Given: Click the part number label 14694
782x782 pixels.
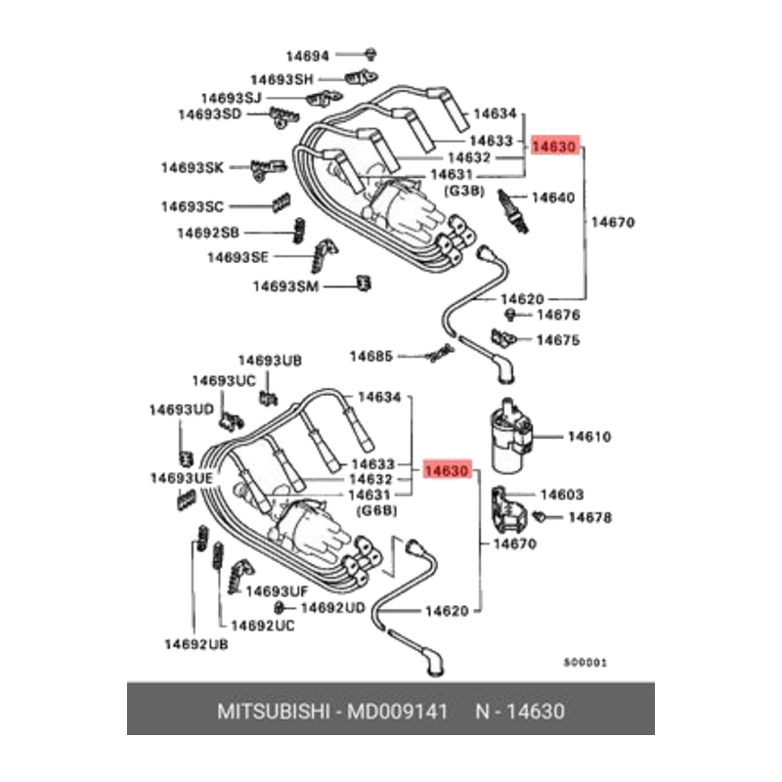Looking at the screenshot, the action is [x=307, y=56].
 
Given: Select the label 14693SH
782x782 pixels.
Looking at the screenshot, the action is [x=282, y=79].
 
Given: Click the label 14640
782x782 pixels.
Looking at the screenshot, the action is [x=553, y=197].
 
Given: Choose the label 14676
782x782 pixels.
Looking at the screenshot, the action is [x=558, y=315].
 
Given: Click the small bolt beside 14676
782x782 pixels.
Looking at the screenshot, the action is [x=510, y=315].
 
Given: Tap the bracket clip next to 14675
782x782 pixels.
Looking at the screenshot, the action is [x=502, y=338].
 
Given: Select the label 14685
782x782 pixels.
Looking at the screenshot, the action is [x=371, y=356].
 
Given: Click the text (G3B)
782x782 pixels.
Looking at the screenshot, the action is [x=463, y=191].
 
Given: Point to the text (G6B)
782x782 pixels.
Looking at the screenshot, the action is [x=377, y=510].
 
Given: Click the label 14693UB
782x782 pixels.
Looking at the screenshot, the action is [x=270, y=360].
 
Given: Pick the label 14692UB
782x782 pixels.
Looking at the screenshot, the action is [x=196, y=644].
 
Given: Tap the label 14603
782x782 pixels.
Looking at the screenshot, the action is [x=561, y=495].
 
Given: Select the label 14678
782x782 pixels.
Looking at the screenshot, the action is [x=590, y=517].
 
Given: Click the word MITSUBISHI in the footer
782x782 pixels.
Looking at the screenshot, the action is [x=274, y=712].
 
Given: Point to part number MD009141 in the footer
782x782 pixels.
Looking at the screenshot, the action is [x=398, y=712].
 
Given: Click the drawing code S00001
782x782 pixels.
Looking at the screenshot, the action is [x=586, y=663].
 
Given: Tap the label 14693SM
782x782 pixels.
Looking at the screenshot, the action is [x=285, y=286].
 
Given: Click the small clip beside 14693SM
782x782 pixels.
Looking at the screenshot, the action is [x=364, y=283].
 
